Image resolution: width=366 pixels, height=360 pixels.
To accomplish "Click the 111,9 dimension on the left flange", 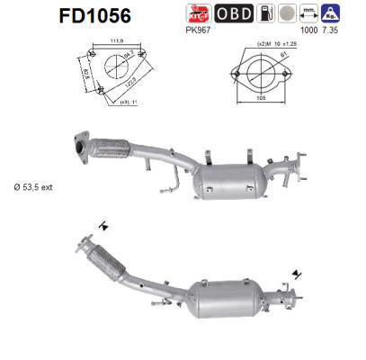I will tap(114, 41).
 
